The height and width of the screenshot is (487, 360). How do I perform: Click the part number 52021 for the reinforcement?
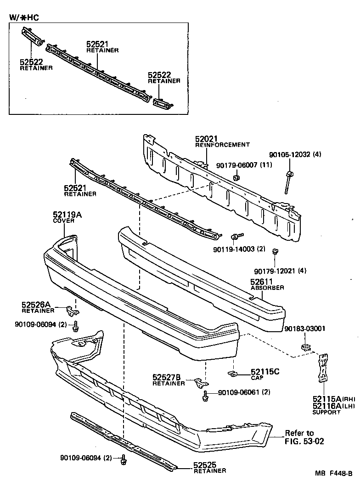pyautogui.click(x=206, y=139)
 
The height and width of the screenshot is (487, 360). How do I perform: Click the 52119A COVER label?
pyautogui.click(x=67, y=215)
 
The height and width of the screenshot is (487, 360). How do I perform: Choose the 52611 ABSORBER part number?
pyautogui.click(x=262, y=282)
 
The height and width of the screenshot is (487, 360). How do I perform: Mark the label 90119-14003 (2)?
pyautogui.click(x=239, y=249)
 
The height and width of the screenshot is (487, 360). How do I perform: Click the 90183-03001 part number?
pyautogui.click(x=304, y=328)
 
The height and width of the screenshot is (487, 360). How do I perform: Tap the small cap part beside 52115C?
pyautogui.click(x=232, y=374)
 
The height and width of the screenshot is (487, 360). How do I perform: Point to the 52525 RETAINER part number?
pyautogui.click(x=204, y=465)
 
